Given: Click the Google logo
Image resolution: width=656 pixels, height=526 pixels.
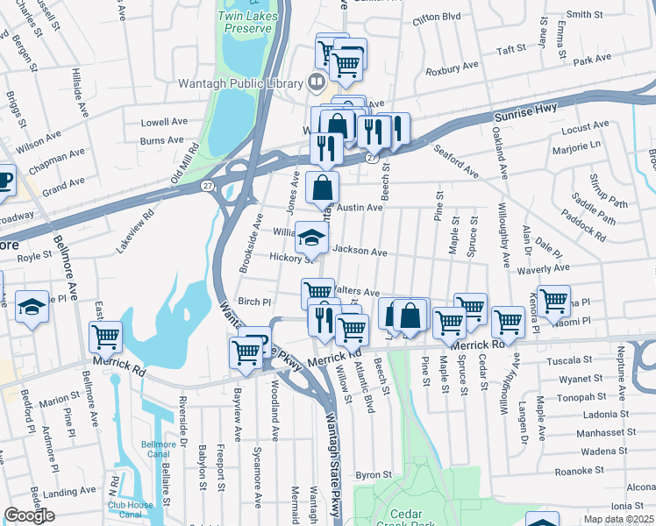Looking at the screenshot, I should pyautogui.click(x=29, y=515).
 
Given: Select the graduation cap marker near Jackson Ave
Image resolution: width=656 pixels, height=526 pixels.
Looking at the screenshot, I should pyautogui.click(x=311, y=236).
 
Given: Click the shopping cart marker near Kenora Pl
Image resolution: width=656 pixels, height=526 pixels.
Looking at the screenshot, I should pyautogui.click(x=554, y=301).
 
